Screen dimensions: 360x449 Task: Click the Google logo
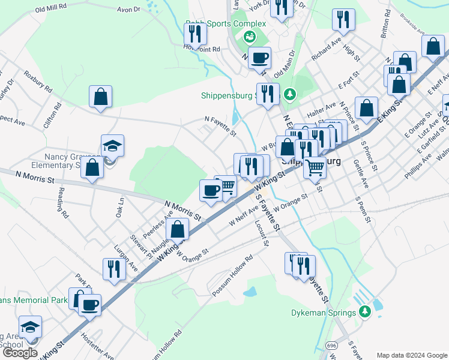(x=20, y=353)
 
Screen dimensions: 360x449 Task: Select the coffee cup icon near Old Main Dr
(x=259, y=58)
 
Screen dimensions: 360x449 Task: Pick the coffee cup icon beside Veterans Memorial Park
(x=89, y=305)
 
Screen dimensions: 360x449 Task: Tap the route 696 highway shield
(x=331, y=346)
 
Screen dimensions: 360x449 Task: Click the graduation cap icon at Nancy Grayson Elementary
(x=112, y=146)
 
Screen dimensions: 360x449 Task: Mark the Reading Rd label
(x=61, y=202)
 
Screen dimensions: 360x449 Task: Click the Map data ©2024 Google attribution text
(x=411, y=355)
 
